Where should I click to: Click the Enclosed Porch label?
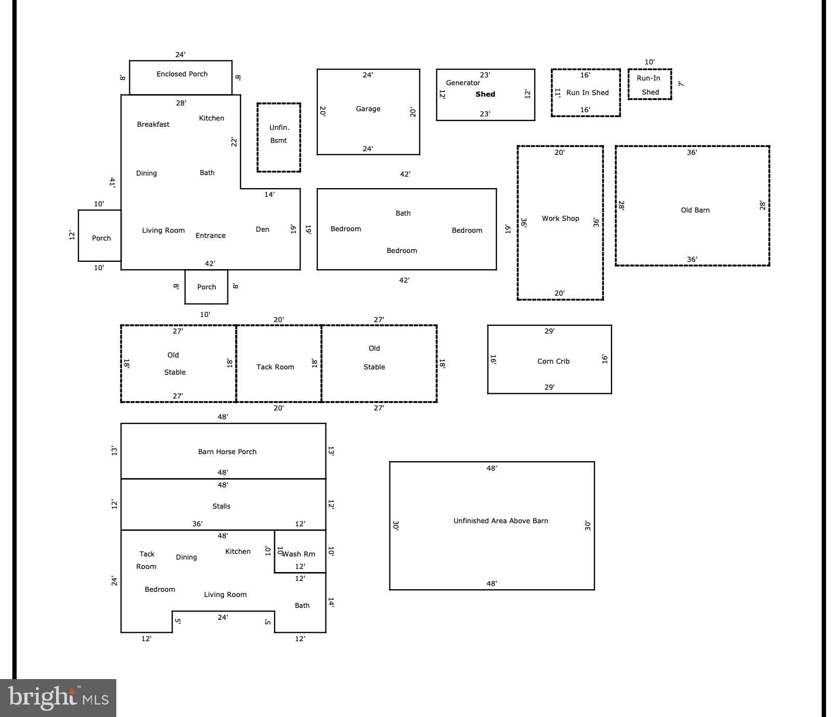[182, 74]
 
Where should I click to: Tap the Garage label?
[368, 109]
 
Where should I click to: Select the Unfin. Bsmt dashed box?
[279, 103]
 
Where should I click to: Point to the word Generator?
[463, 83]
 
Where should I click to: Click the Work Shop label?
[560, 219]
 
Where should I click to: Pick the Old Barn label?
[695, 210]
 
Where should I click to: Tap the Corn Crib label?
[553, 362]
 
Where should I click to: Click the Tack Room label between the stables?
[275, 367]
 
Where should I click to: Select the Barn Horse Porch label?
[227, 452]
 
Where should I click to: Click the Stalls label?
[221, 507]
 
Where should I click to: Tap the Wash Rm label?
[299, 554]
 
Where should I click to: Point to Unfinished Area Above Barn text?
[501, 521]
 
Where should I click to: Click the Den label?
[263, 230]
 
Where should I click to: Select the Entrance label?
[211, 236]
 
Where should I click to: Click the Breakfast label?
[153, 125]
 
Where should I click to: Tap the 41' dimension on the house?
[112, 182]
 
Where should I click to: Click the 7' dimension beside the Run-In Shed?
[681, 84]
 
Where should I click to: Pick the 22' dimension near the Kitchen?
[234, 142]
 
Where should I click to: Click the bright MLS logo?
[58, 698]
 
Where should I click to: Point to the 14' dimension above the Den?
[269, 195]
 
